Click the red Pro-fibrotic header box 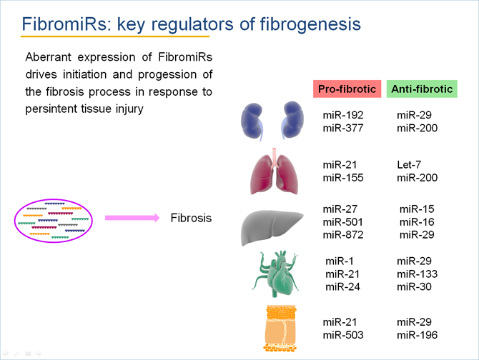[347, 89]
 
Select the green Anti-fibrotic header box [422, 89]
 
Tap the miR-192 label [343, 115]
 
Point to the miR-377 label [343, 128]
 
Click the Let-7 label [409, 165]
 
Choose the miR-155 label [343, 178]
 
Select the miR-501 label [342, 222]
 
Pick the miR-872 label [343, 234]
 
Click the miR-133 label [417, 274]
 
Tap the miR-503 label [343, 335]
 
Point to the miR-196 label [417, 335]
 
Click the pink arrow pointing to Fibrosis [132, 218]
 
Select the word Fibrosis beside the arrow [191, 218]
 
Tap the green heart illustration [276, 274]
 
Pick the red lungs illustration [274, 171]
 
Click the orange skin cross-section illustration [281, 329]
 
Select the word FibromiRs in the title [64, 24]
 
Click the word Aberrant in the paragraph [49, 57]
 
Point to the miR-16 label [417, 222]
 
